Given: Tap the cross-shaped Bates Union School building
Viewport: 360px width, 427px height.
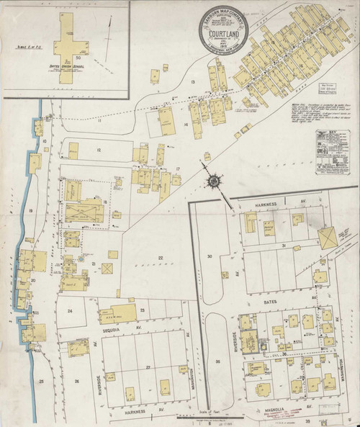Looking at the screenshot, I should (69, 44).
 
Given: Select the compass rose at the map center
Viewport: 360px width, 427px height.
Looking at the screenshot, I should (215, 180).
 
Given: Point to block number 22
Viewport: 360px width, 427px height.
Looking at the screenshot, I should (161, 258).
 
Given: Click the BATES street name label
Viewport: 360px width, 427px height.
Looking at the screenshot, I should (271, 285).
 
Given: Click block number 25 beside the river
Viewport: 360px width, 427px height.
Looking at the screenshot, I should (42, 379).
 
